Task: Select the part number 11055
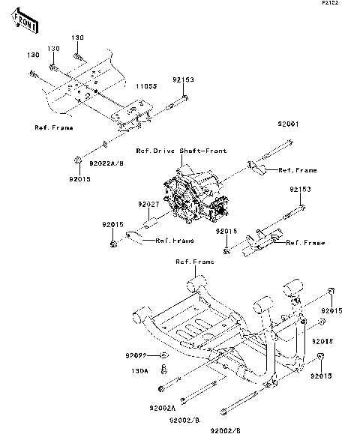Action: [x=145, y=87]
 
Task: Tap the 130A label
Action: [x=139, y=370]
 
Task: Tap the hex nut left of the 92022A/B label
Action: [x=78, y=160]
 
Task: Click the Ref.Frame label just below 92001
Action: [x=298, y=170]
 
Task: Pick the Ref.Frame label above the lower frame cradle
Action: [x=194, y=262]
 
